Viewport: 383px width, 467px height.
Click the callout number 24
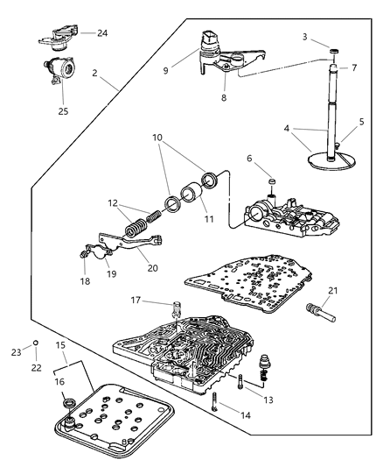pos(102,33)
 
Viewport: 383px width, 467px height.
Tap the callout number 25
pos(61,110)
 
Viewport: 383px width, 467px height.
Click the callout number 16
pos(60,382)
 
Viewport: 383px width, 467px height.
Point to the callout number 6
pos(251,159)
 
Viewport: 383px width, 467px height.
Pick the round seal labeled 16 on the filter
pos(69,402)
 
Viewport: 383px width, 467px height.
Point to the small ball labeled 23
pos(34,341)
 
